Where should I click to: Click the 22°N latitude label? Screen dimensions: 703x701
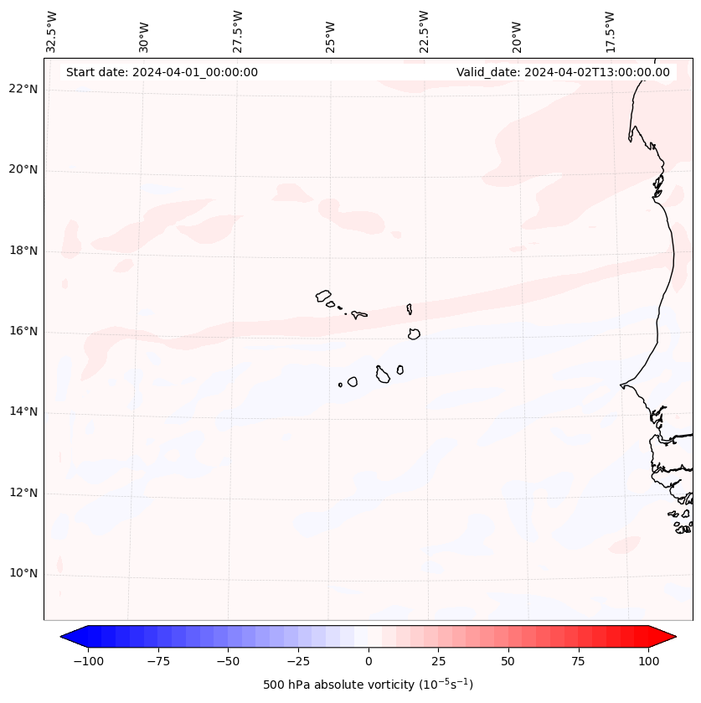23,90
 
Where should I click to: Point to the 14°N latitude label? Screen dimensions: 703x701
23,412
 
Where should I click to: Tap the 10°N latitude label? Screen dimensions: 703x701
23,574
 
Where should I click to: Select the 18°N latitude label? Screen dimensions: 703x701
23,251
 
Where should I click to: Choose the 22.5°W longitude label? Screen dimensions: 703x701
424,30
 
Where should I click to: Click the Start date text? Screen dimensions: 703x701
162,72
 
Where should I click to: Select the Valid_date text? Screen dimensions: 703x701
563,72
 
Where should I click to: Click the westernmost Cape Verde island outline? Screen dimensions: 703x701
323,295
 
